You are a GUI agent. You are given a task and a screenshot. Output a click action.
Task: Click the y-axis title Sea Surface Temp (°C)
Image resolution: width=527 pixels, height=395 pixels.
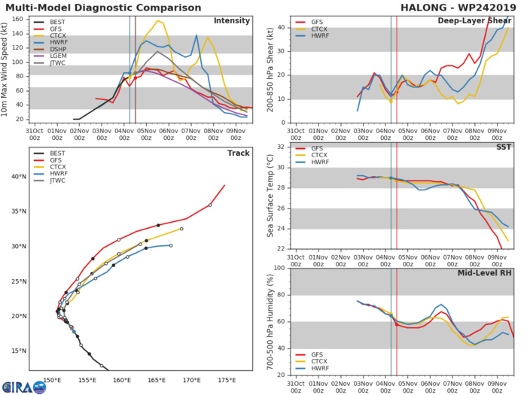coord(261,195)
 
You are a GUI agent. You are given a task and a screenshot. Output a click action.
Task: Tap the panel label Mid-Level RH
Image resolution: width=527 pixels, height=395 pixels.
coord(485,275)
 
